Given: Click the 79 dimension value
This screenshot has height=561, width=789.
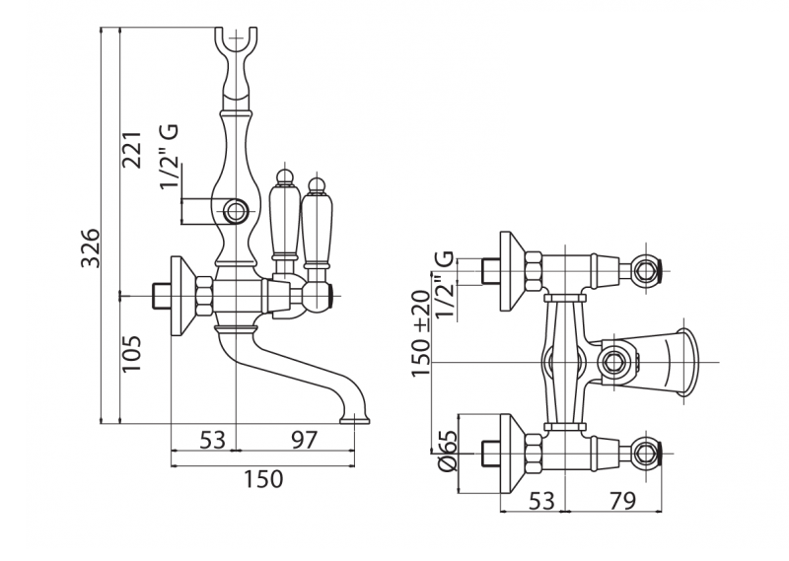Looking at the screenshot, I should (621, 501).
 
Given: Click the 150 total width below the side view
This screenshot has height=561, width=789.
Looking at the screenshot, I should (262, 479).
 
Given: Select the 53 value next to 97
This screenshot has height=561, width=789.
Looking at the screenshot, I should (212, 440).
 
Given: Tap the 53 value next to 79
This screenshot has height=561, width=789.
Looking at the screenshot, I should (539, 501).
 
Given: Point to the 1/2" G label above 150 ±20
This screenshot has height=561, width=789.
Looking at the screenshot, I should (446, 285).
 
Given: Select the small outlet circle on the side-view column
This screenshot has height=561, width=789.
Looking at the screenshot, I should (237, 210).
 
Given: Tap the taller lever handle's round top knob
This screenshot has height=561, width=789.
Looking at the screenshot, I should (286, 175).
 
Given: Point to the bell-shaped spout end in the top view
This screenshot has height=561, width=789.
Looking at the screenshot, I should (681, 359).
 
